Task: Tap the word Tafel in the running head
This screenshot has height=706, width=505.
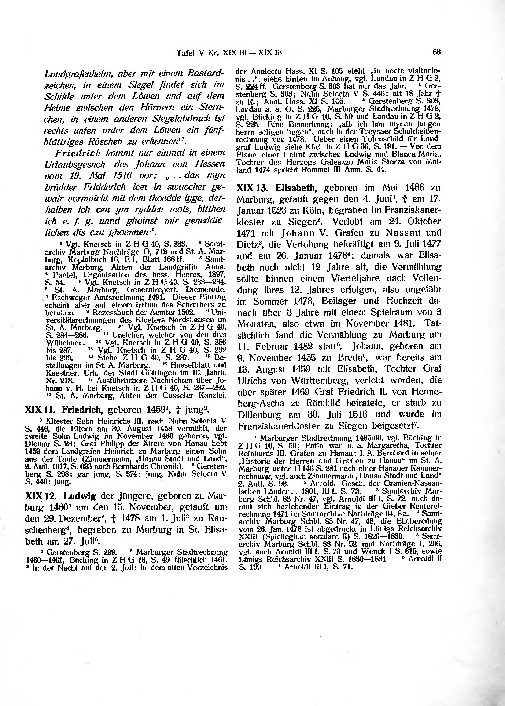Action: [185, 53]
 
